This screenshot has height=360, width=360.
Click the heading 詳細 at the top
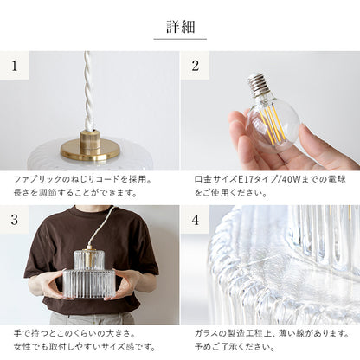pyautogui.click(x=180, y=25)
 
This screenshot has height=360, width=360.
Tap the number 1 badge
pyautogui.click(x=14, y=65)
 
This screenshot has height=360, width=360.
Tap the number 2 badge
pyautogui.click(x=196, y=65)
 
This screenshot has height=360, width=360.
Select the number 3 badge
pyautogui.click(x=14, y=219)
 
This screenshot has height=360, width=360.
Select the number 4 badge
pyautogui.click(x=196, y=219)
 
